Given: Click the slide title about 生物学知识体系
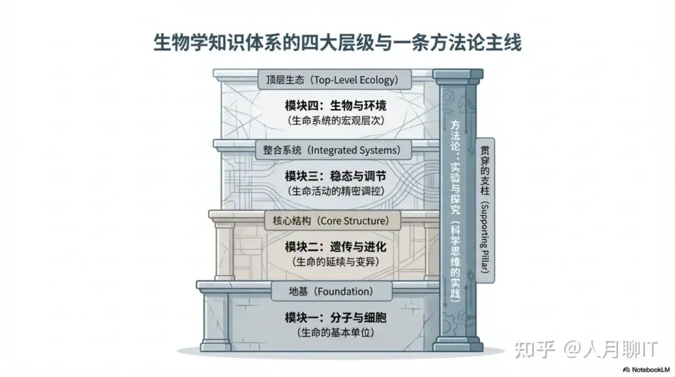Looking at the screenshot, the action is (x=337, y=44).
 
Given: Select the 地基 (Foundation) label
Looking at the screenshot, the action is (x=331, y=291).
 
